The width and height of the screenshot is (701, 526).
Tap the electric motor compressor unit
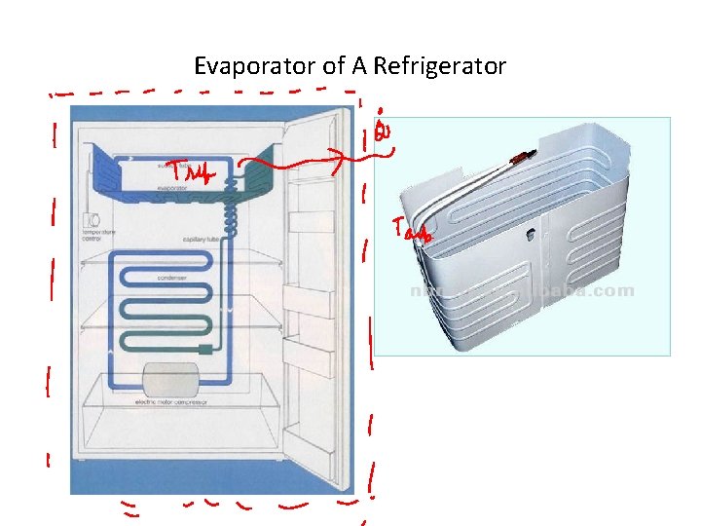pyautogui.click(x=169, y=378)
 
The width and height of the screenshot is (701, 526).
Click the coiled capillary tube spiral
pyautogui.click(x=232, y=208)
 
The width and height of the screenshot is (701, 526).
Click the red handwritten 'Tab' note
pyautogui.click(x=411, y=230)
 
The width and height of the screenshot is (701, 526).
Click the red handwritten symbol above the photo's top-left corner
pyautogui.click(x=383, y=129)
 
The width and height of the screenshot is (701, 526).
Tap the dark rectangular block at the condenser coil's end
pyautogui.click(x=204, y=347)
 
